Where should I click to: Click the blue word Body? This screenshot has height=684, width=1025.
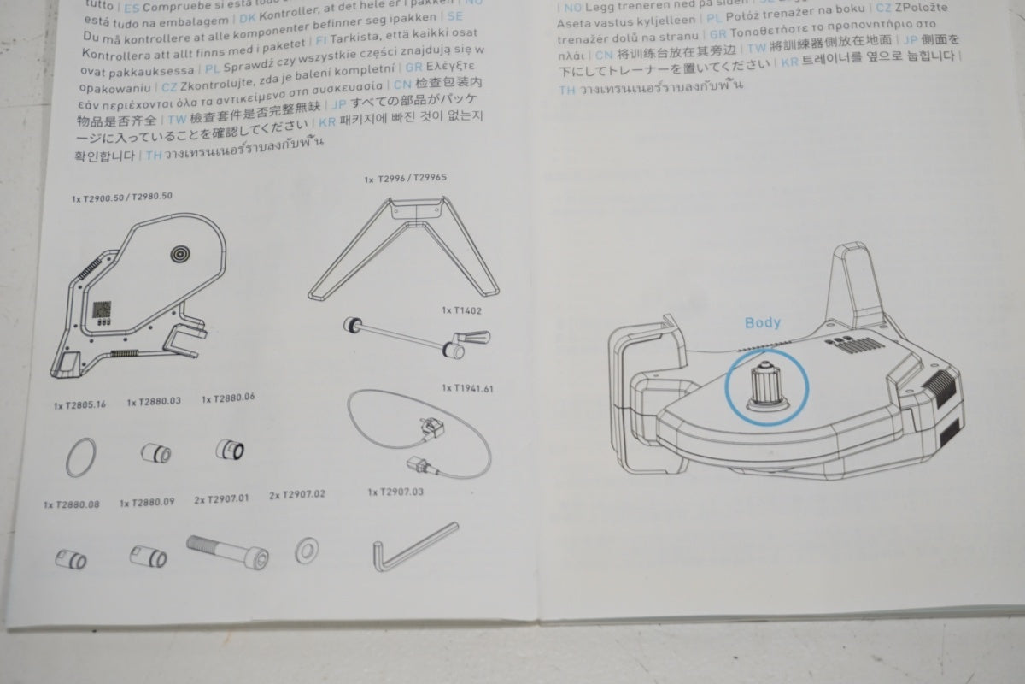pos(762,323)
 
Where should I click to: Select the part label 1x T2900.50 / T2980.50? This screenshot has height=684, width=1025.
pos(122,197)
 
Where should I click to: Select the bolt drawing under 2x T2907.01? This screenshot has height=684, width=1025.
pos(226,551)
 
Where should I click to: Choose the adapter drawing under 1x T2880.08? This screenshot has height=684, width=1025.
pos(70,560)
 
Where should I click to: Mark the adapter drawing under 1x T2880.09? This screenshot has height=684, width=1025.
pos(148,557)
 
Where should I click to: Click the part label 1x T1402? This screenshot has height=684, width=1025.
pos(461,311)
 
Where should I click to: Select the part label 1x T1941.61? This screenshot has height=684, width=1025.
pos(468,387)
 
